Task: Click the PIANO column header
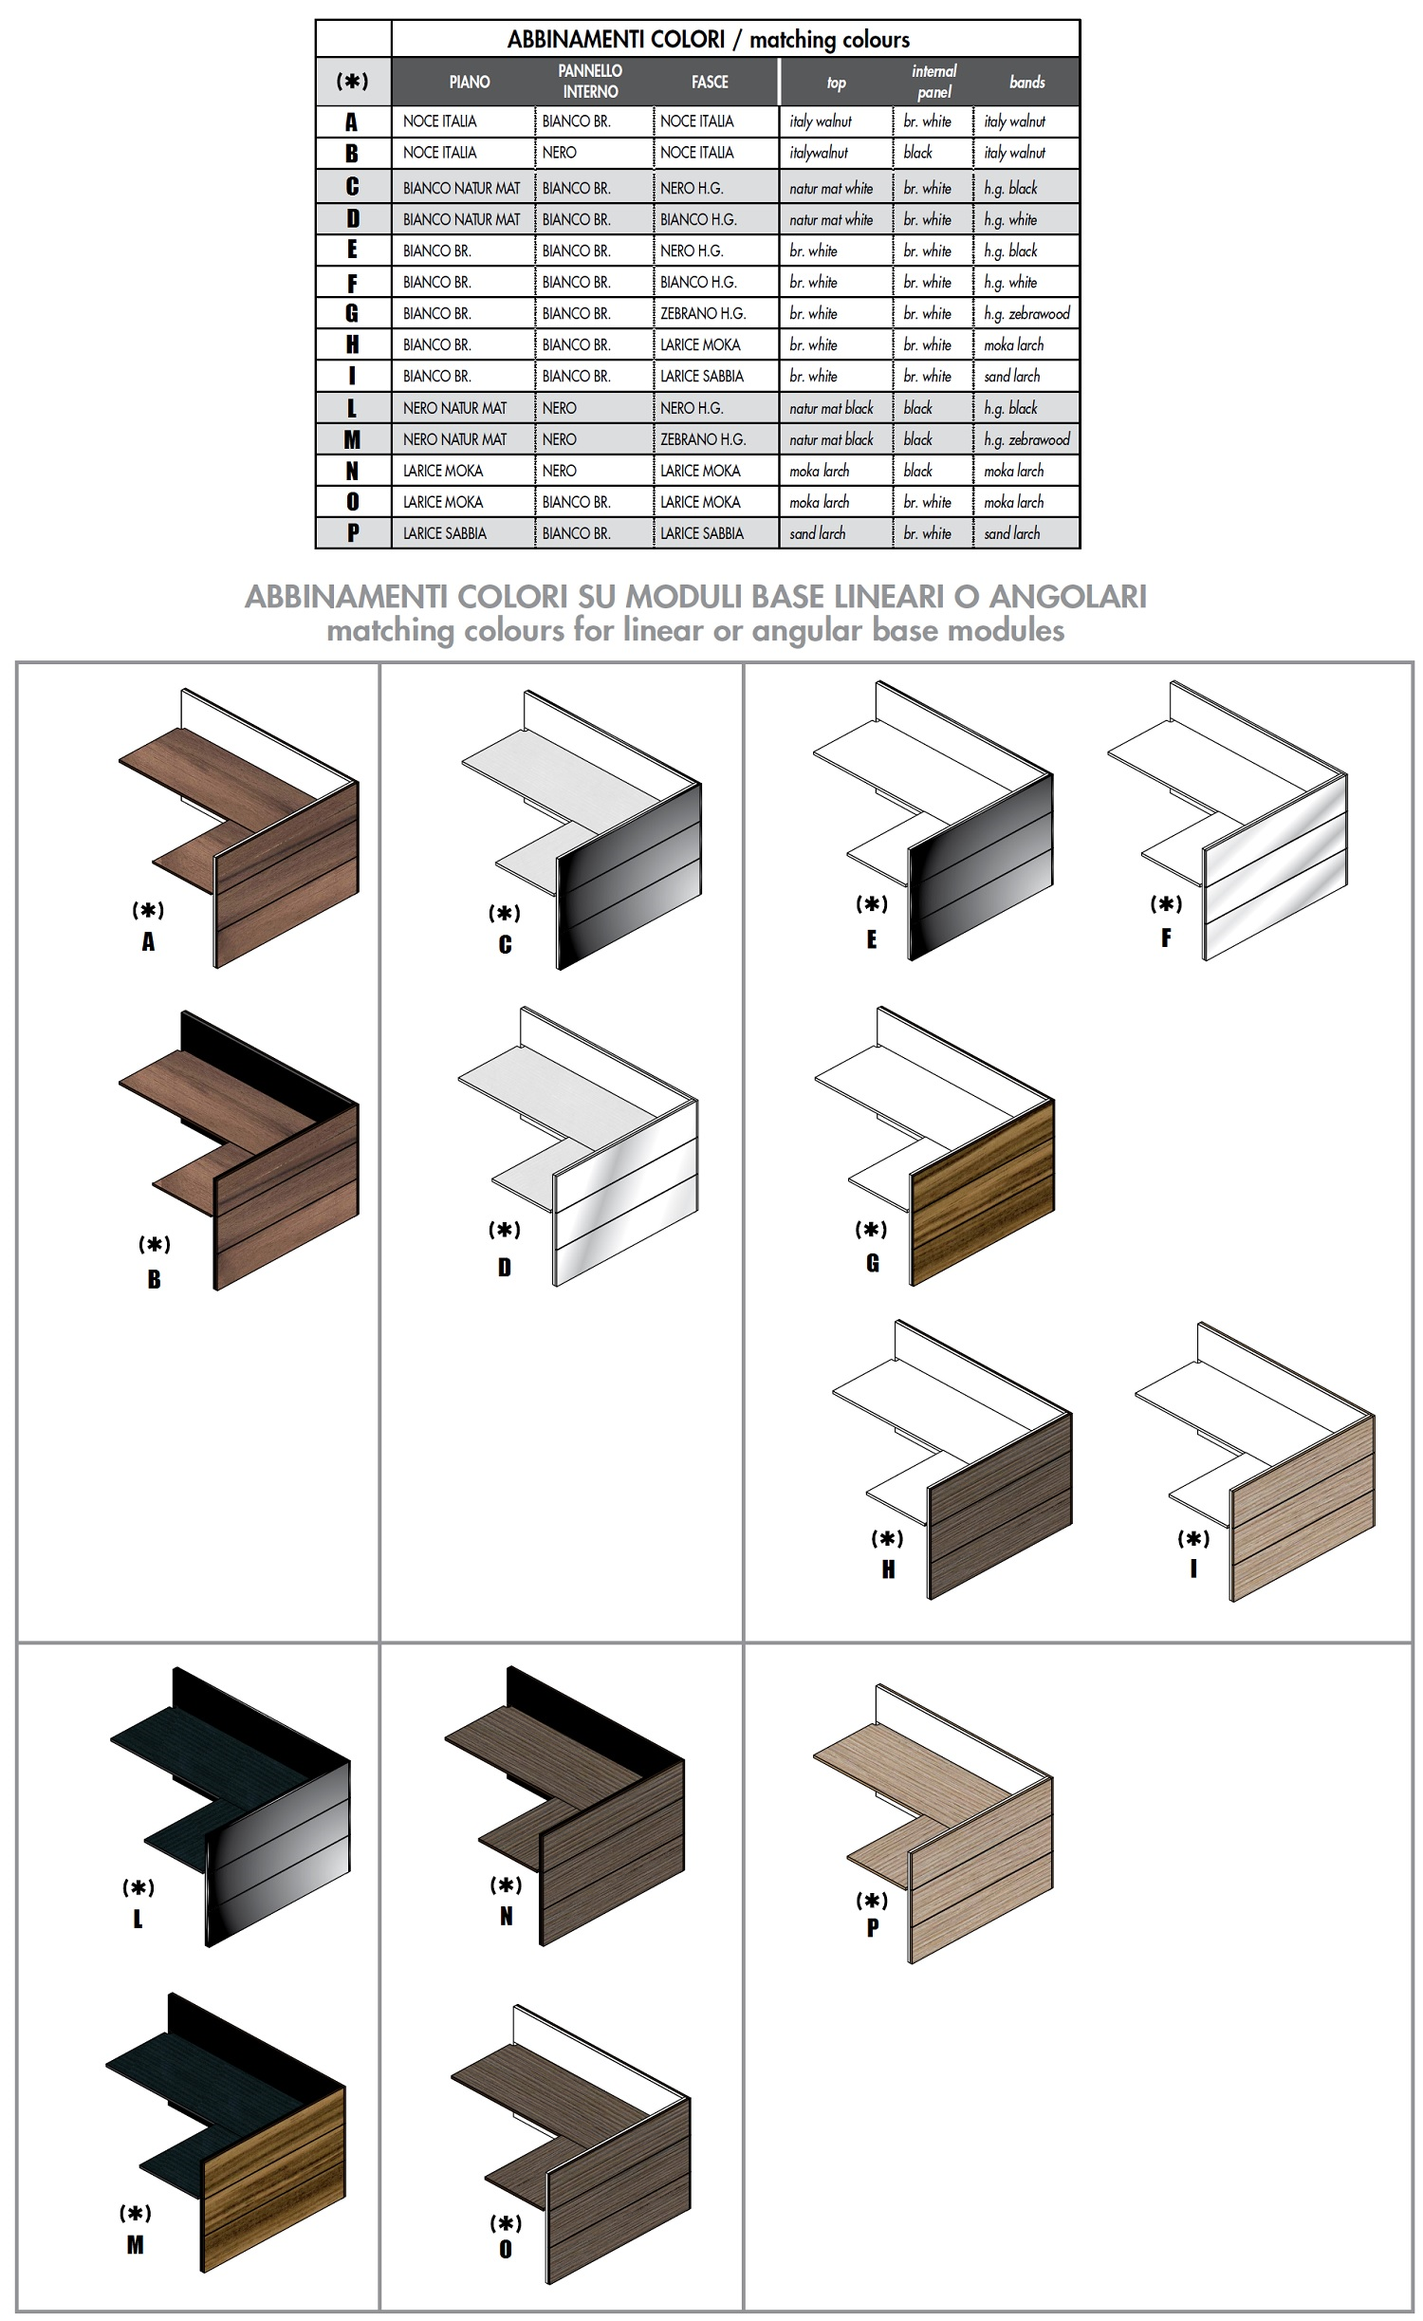point(470,82)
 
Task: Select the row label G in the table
point(352,313)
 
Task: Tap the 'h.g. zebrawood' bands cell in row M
point(1026,439)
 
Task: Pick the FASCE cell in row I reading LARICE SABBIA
point(702,376)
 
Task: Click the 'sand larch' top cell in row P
point(818,533)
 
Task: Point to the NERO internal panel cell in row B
point(560,153)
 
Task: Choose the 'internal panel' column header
point(934,82)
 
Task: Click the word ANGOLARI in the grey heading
point(1068,596)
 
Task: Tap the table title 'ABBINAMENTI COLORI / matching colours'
point(709,39)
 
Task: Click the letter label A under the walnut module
point(148,941)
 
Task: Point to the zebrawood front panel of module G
point(983,1192)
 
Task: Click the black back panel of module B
point(270,1059)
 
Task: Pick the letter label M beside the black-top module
point(136,2244)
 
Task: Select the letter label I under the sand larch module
point(1193,1569)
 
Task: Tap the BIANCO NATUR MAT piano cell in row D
point(462,219)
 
